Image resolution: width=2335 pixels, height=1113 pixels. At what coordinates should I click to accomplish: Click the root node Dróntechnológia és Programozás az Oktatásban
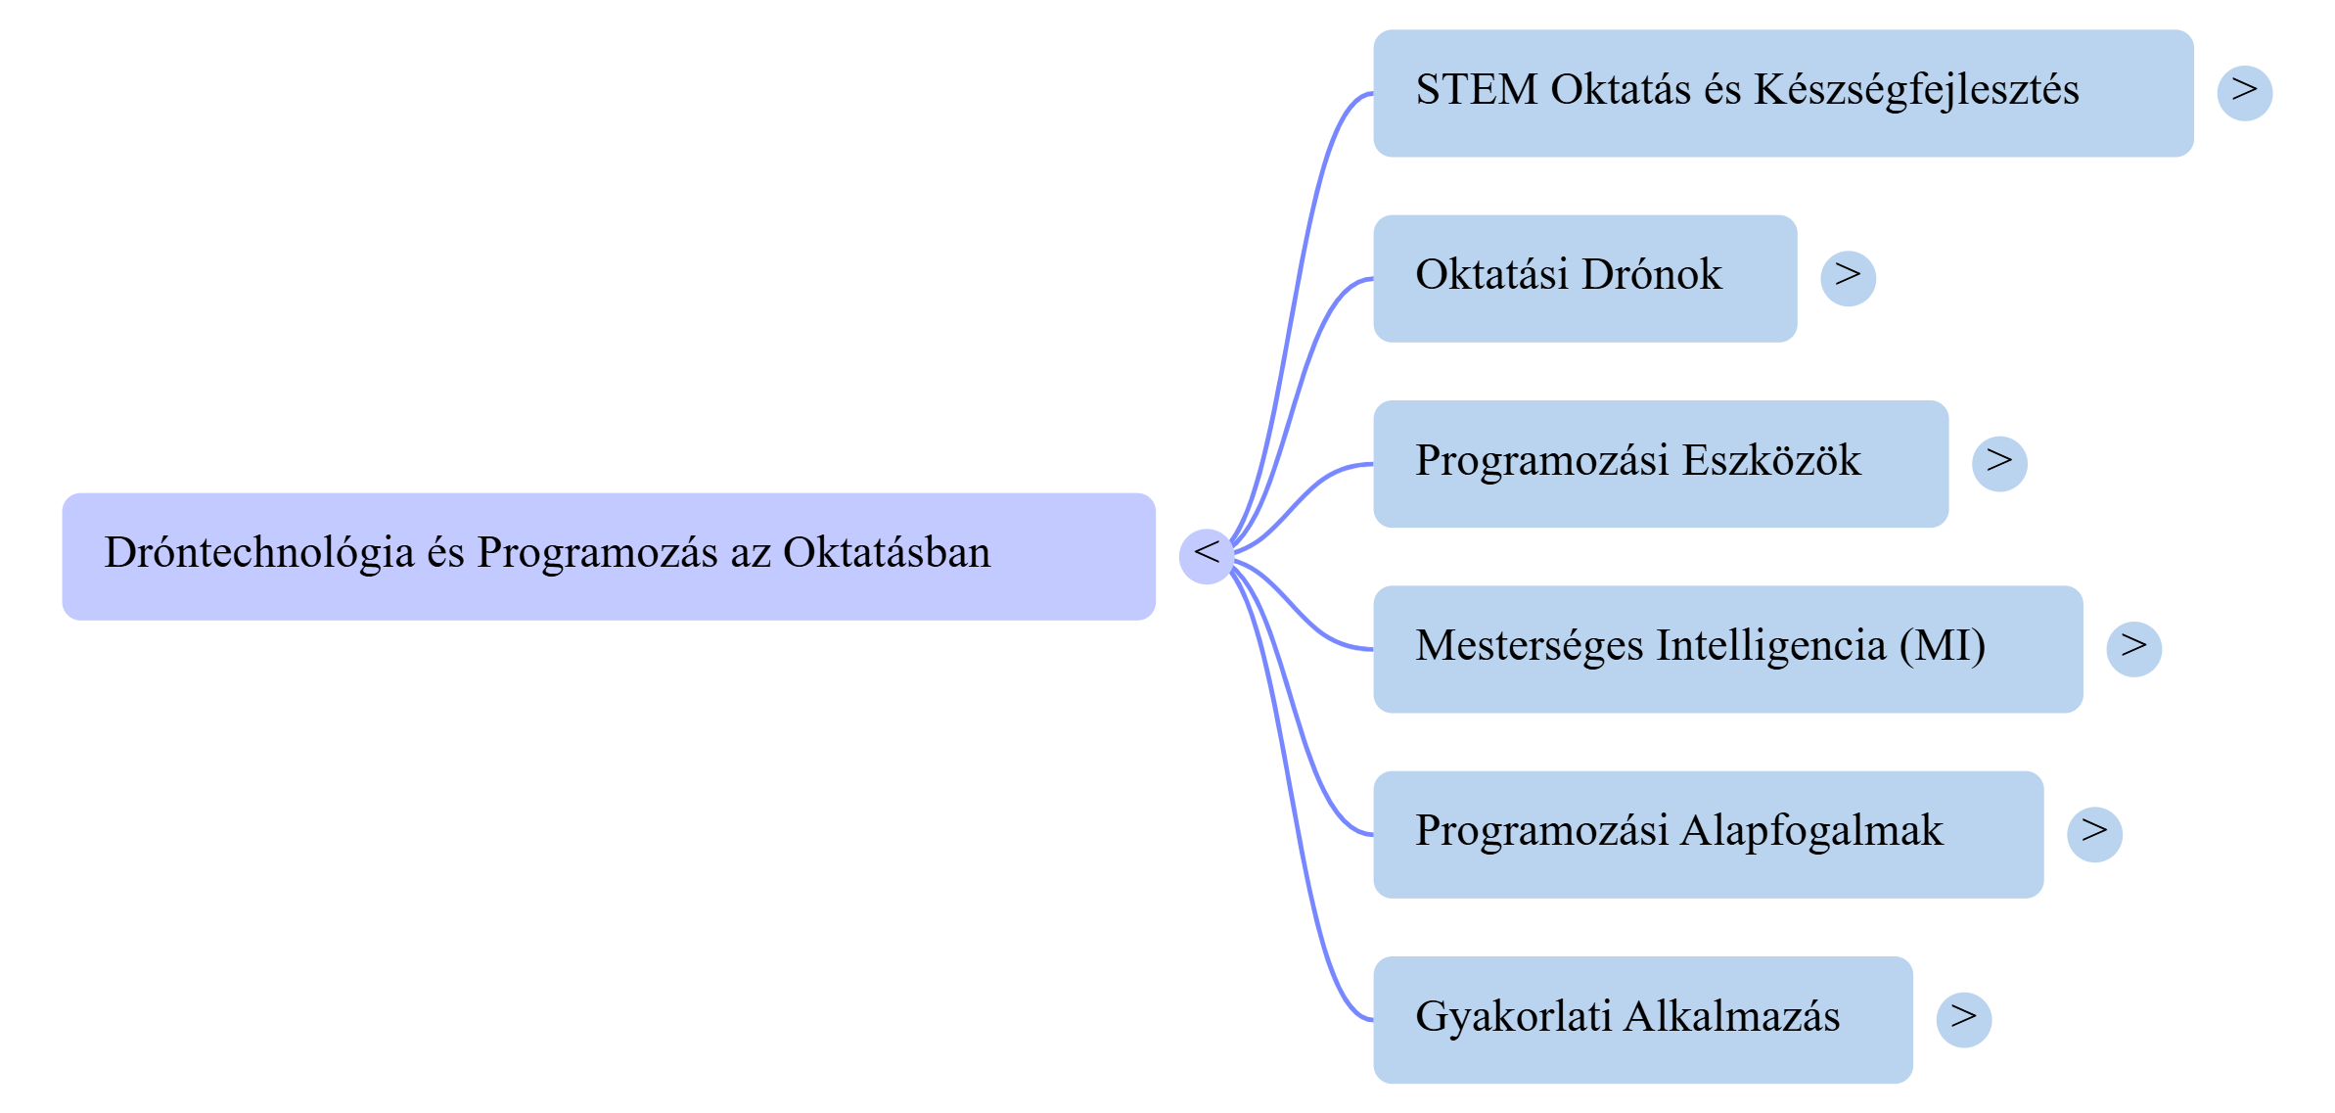(608, 556)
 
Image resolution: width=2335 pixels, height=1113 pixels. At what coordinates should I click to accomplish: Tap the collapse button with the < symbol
(1206, 556)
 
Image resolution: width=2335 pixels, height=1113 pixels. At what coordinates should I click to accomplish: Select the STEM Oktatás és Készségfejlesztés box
(1782, 93)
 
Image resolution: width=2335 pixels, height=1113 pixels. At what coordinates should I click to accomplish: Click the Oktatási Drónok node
(1584, 278)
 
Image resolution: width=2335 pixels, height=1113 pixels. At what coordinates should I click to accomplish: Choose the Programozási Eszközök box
(1660, 463)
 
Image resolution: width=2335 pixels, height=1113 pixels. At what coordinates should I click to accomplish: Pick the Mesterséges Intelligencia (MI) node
(1727, 649)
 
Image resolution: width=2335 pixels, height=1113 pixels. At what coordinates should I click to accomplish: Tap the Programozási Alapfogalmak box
(1708, 834)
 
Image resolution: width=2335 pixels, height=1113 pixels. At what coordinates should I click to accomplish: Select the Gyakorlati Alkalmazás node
(1642, 1019)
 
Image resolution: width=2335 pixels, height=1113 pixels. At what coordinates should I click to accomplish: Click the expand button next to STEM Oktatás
(2244, 93)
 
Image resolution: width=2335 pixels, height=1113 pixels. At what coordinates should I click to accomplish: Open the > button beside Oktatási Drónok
(1848, 278)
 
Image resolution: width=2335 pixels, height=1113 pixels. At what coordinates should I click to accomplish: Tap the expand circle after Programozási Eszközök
(1999, 463)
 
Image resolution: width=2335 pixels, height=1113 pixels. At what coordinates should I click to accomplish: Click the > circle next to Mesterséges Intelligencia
(2133, 649)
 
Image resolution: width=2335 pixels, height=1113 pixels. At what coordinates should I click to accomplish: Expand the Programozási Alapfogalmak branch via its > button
(2094, 834)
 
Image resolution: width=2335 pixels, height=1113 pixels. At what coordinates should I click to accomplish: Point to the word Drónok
(1651, 275)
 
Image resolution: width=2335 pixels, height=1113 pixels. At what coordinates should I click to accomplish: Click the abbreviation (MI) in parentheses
(1942, 646)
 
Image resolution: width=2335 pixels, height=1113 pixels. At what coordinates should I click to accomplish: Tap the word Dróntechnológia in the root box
(259, 553)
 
